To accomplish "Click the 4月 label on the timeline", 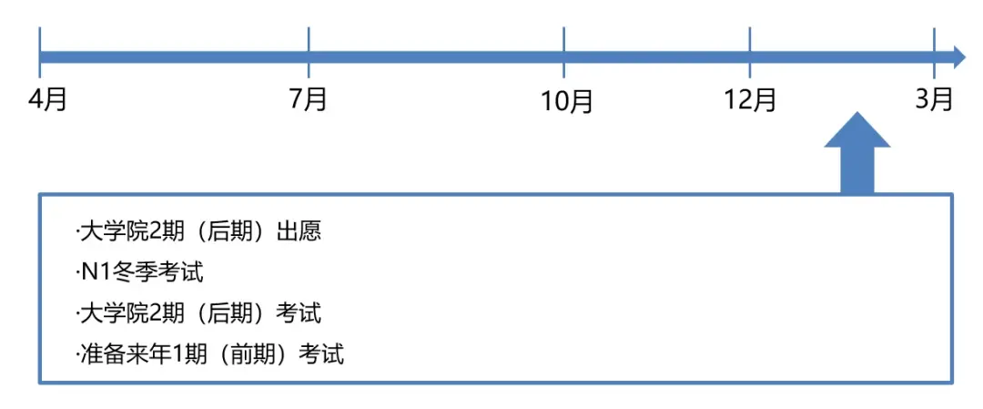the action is (x=47, y=99).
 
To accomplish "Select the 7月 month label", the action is (x=308, y=99).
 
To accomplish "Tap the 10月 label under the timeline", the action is (x=567, y=101).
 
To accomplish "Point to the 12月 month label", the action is (x=750, y=99).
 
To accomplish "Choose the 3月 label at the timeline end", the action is (x=934, y=99).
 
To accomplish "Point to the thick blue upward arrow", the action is (x=856, y=152).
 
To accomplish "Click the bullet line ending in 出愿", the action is (x=198, y=232).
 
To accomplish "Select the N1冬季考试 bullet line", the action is (x=140, y=273).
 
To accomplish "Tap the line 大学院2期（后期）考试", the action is (x=198, y=313).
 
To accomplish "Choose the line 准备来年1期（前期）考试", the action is (x=209, y=354).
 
